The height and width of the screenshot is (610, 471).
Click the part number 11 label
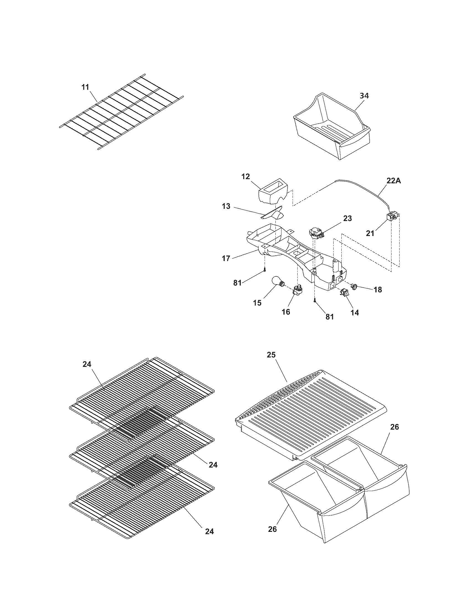(x=85, y=87)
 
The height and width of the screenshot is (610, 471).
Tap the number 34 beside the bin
(x=364, y=96)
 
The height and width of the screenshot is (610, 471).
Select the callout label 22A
(x=394, y=181)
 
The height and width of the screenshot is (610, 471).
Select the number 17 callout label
(x=226, y=258)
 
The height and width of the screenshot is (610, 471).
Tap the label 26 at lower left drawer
(x=272, y=529)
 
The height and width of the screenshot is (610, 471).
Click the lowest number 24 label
(x=209, y=531)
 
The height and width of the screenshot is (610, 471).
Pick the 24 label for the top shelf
(x=87, y=364)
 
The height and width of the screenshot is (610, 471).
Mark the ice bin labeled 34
(x=332, y=128)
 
